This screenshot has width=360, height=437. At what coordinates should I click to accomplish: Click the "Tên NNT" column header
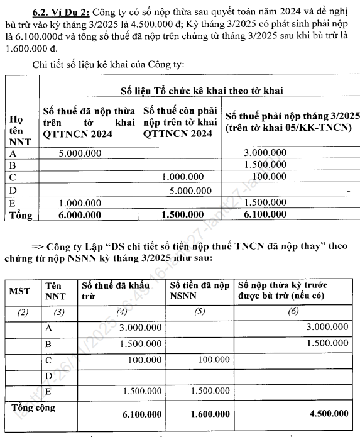point(57,292)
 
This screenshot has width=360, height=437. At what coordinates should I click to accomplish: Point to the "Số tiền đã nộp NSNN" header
point(199,291)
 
